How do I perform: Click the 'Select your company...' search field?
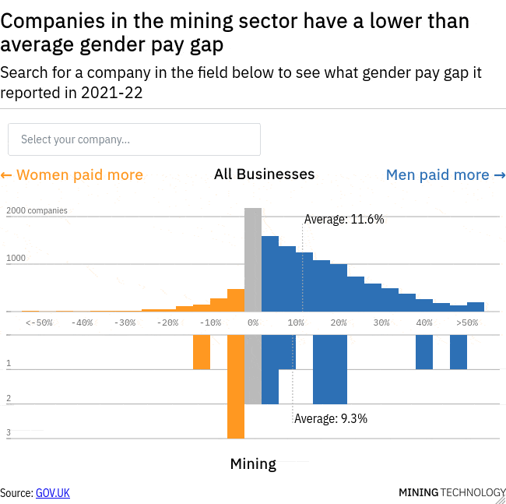coord(134,139)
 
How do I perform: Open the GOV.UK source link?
coord(52,492)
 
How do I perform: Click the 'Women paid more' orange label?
coord(72,174)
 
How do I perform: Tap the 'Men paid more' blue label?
coord(445,174)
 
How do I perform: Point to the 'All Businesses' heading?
coord(264,174)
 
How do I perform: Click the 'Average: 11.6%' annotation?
coord(343,220)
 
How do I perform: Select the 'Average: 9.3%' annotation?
coord(330,418)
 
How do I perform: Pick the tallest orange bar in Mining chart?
coord(235,386)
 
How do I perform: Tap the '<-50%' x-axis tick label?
coord(39,322)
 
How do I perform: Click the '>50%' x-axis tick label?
coord(467,322)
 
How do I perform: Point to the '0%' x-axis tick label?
coord(253,322)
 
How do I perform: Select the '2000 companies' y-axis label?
coord(37,210)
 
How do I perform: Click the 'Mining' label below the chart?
coord(253,464)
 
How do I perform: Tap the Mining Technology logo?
coord(452,492)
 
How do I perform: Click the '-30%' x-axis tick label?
coord(125,322)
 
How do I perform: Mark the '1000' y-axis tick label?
coord(17,258)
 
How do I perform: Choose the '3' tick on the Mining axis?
coord(9,432)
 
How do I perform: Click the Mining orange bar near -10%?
coord(202,352)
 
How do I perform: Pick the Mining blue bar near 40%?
coord(423,352)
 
